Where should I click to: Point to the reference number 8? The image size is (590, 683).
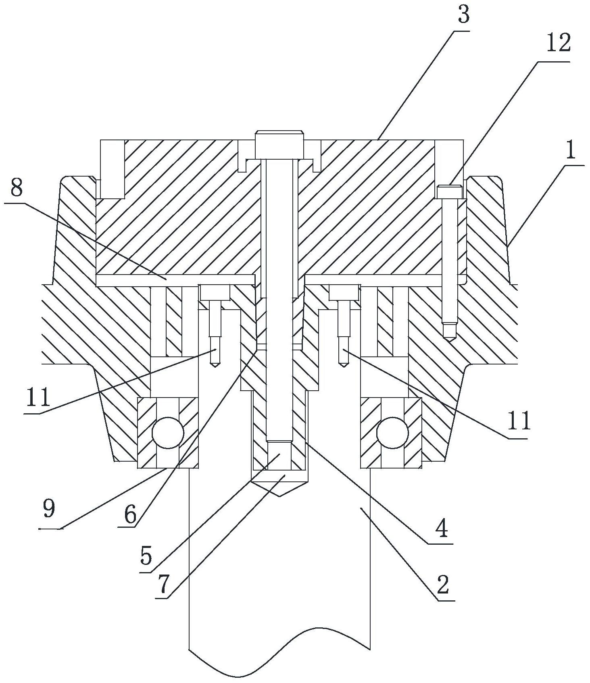[x=17, y=187]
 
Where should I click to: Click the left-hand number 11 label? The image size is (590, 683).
[x=38, y=397]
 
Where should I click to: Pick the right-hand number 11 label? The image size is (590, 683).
[x=519, y=421]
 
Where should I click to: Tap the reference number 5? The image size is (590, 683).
[x=146, y=556]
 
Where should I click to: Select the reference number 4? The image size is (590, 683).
[x=442, y=529]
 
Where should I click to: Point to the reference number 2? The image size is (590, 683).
[x=442, y=584]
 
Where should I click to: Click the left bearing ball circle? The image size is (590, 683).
[x=168, y=433]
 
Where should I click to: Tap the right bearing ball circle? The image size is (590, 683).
[x=392, y=433]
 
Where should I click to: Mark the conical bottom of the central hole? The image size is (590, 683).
[x=279, y=489]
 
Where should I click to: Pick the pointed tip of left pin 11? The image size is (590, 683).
[x=215, y=365]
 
